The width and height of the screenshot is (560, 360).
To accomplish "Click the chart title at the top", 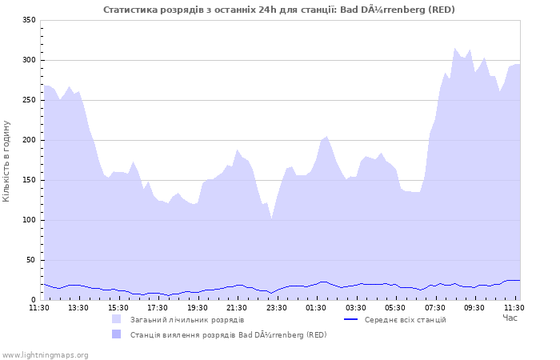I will [x=279, y=9].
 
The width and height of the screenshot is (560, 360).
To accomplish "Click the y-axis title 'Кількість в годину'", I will [x=6, y=160].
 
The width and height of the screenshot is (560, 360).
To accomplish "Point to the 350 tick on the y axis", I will [x=29, y=20].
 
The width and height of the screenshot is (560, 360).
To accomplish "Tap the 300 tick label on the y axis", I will [x=29, y=60].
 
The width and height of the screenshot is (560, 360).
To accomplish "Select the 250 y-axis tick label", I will [x=29, y=100].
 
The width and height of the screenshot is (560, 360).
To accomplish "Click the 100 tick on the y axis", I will [x=29, y=220].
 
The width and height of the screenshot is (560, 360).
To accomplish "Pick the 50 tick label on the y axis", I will [x=31, y=260].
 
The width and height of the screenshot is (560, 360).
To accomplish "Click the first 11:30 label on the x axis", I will [x=39, y=307].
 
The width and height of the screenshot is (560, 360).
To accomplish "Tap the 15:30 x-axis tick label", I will [x=118, y=307].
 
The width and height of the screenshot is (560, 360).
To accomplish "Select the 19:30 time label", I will [x=197, y=307].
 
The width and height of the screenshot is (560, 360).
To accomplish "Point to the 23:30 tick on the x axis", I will [x=276, y=307].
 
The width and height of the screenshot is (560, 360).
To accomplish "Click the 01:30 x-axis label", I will [x=316, y=307].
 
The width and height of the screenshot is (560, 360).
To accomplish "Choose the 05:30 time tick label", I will [x=395, y=307].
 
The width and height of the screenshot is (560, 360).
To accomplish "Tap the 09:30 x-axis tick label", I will [x=474, y=307].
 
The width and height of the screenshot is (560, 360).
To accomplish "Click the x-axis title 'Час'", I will [x=510, y=318].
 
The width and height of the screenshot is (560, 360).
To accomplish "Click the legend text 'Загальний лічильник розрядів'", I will [x=187, y=319].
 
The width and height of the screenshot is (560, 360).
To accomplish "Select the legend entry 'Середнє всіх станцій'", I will [x=405, y=319].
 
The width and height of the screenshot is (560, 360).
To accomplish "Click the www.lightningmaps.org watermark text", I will [x=45, y=354].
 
